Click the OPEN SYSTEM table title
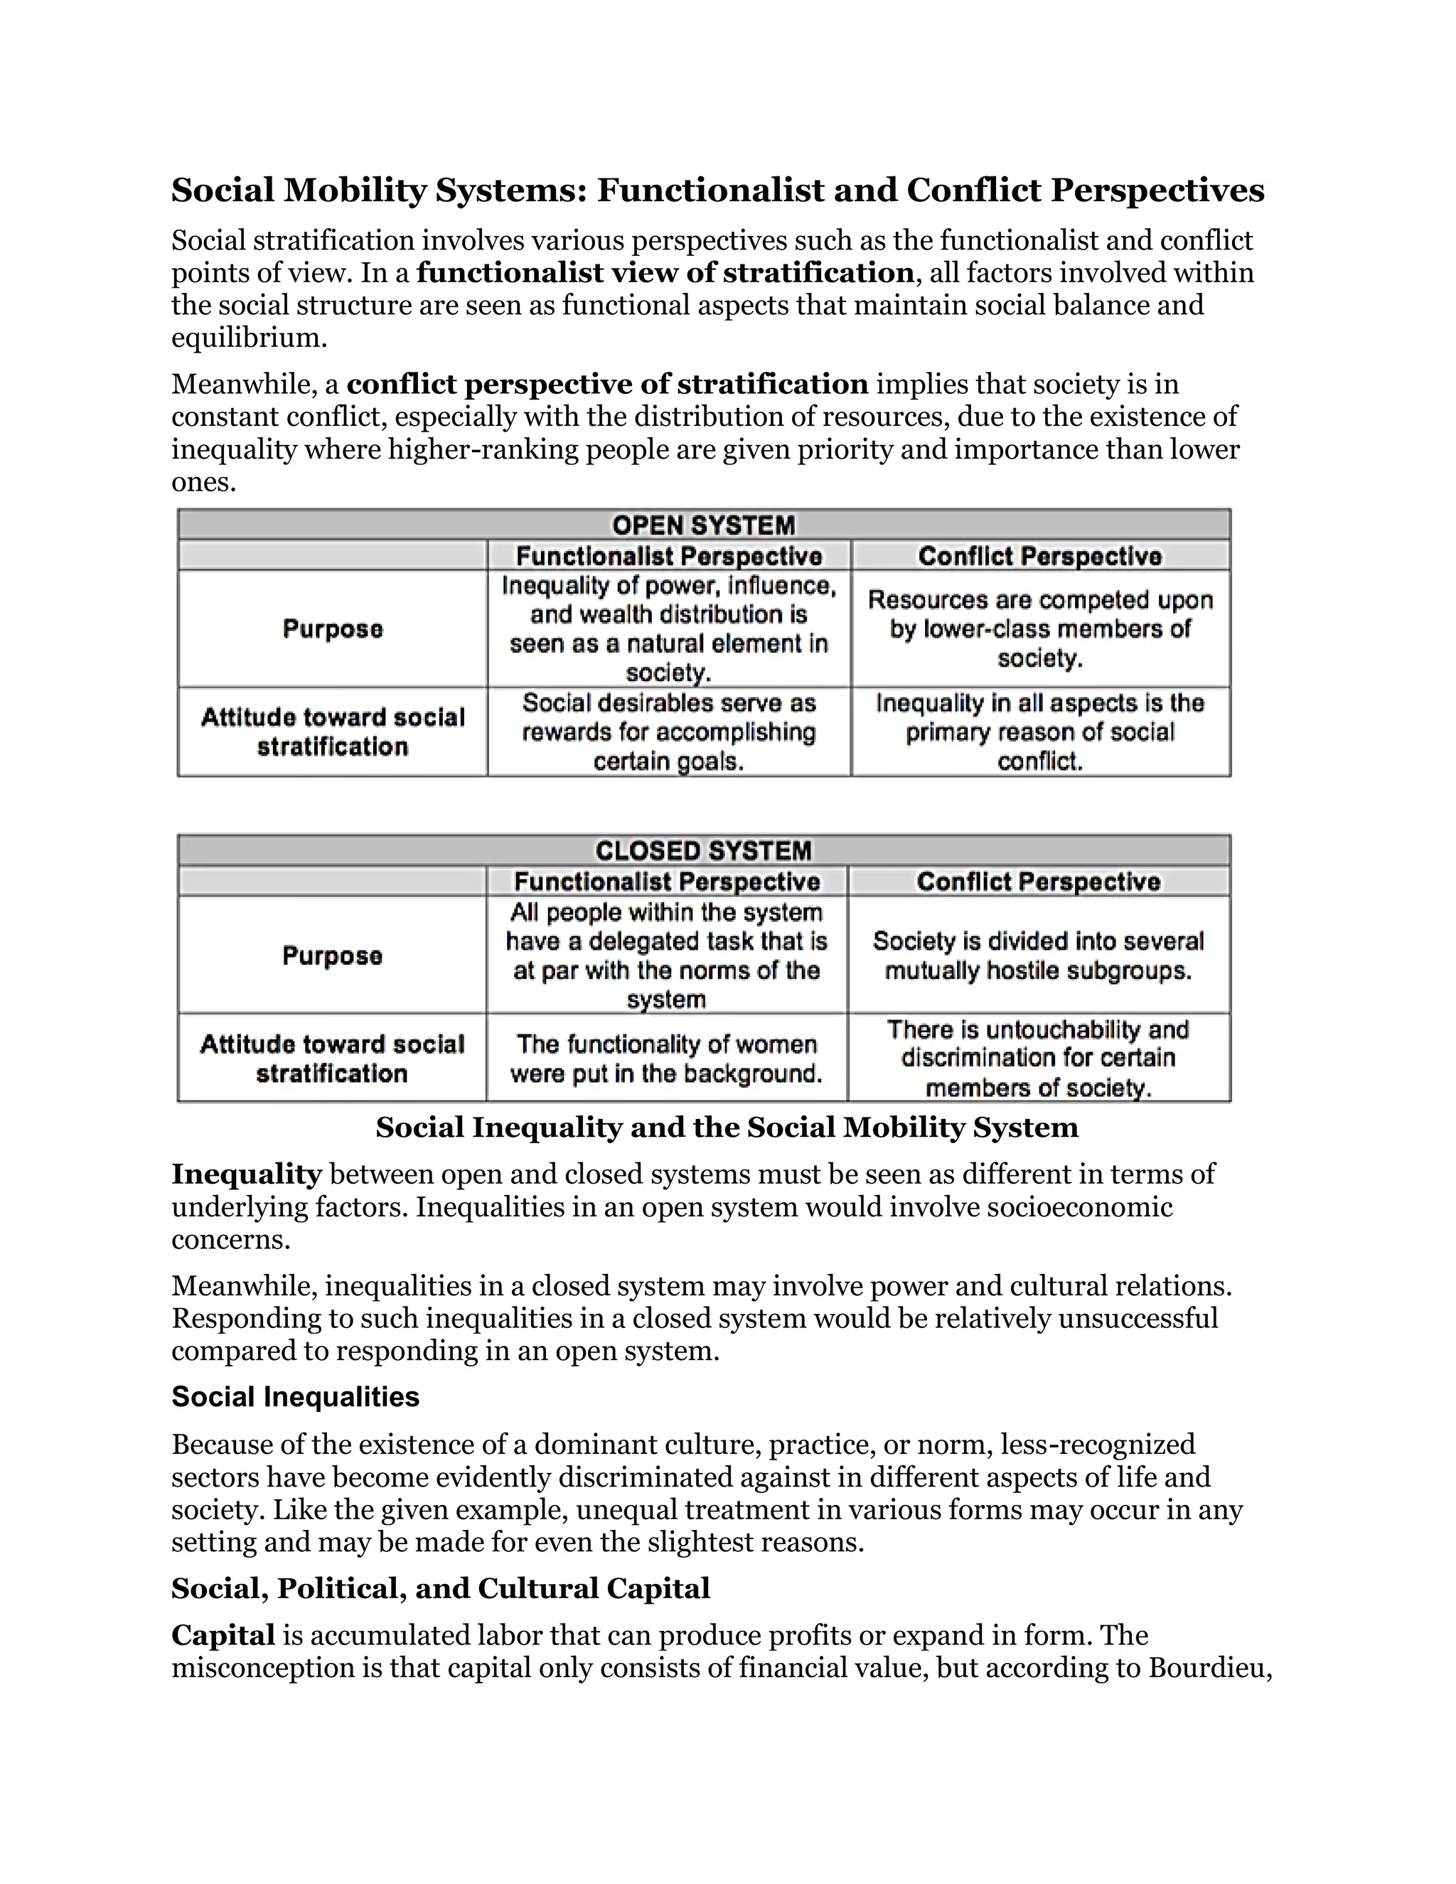click(703, 525)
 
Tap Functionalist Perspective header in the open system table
click(668, 555)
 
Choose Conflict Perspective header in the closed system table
click(1039, 882)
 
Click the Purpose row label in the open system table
click(332, 629)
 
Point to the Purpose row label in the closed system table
click(332, 956)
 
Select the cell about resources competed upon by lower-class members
click(1040, 629)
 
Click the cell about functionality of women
click(666, 1059)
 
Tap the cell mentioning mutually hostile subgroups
click(1039, 956)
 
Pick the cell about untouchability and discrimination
click(1039, 1059)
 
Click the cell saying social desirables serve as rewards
click(668, 732)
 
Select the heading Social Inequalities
click(295, 1396)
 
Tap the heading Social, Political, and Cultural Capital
click(440, 1588)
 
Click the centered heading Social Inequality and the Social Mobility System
click(727, 1128)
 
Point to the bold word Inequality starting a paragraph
click(246, 1174)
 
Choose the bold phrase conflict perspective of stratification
click(607, 384)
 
